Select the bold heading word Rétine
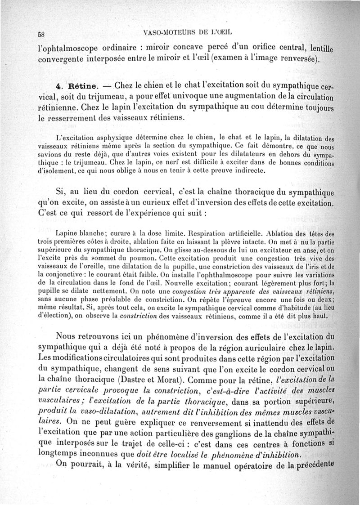click(x=81, y=85)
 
